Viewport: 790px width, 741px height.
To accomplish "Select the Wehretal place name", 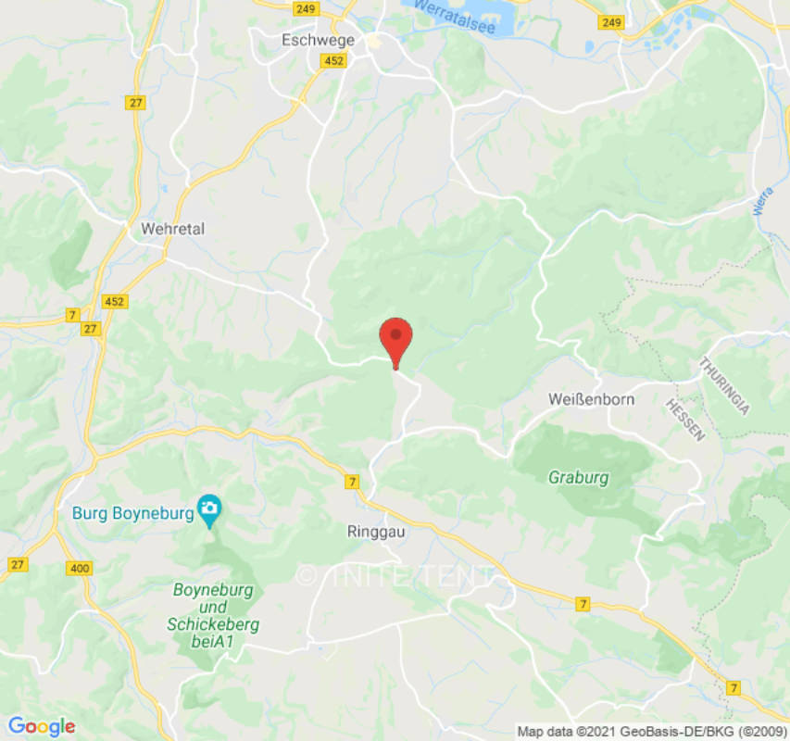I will [x=172, y=228].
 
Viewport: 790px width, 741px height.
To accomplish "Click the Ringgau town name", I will [x=376, y=533].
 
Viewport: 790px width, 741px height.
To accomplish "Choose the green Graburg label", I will [x=579, y=478].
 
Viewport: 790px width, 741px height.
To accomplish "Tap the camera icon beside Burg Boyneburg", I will [x=210, y=508].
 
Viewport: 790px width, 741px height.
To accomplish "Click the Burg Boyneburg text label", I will [x=132, y=512].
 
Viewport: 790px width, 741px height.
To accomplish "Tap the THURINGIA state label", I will [x=723, y=385].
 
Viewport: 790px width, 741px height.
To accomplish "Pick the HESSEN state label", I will [x=685, y=419].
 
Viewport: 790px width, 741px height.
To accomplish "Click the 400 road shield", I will [x=77, y=567].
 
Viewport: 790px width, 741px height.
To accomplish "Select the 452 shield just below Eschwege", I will [x=334, y=61].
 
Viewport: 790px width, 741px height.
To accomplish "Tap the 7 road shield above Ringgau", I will [x=351, y=482].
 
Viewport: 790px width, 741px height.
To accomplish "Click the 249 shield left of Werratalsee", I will [x=307, y=8].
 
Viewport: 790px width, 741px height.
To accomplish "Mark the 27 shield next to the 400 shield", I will [x=18, y=564].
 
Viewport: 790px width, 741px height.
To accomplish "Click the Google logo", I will [x=41, y=726].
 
